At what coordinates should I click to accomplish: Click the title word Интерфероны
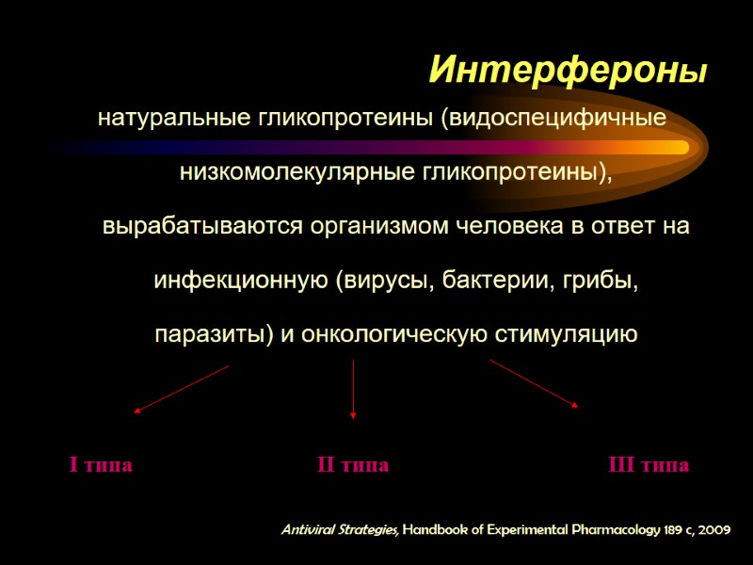[x=568, y=70]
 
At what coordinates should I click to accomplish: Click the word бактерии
[x=489, y=281]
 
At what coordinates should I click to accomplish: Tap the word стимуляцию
[x=562, y=334]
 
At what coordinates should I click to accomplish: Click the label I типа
[x=101, y=465]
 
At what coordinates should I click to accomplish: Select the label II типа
[x=352, y=465]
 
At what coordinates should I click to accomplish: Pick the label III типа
[x=649, y=465]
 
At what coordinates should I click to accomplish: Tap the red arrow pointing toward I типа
[x=182, y=389]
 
